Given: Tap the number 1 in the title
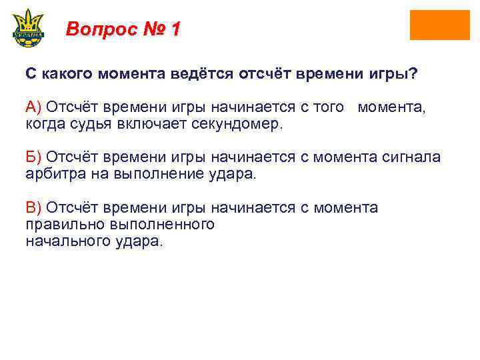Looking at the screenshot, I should pos(175,29).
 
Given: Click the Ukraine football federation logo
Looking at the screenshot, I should pos(28,27).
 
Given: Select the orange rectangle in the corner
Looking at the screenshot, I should pos(439,25).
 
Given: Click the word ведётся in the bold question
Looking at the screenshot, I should pos(199,74).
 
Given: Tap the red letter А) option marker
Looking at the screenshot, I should pos(33,107).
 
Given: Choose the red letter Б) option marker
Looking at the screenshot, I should pos(33,157).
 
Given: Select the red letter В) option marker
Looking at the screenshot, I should pos(33,208).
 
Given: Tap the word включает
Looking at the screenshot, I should pos(155,124).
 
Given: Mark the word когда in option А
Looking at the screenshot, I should pos(43,124).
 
